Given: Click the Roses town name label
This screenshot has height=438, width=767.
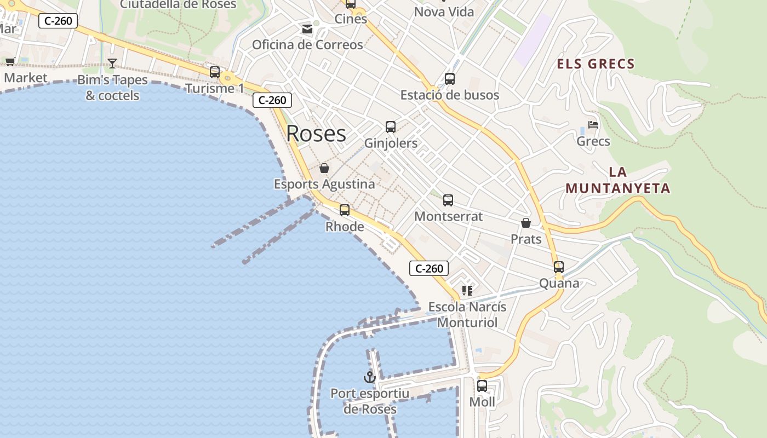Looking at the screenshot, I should (x=316, y=134).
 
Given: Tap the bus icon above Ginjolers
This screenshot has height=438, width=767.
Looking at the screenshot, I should (x=391, y=127).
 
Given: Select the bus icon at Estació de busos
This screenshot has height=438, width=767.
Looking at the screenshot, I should (x=450, y=78).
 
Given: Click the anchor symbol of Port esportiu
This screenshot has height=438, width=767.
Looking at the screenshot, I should (x=370, y=377).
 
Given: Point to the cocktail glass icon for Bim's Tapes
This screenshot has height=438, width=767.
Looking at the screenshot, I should (x=112, y=64).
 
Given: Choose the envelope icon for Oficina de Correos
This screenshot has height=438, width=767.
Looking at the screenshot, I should (x=307, y=28).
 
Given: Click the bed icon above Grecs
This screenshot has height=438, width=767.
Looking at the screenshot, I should (x=593, y=125).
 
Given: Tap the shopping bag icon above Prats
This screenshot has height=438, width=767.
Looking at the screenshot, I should (x=526, y=223).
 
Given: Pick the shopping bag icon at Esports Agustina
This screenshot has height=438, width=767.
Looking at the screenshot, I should (x=324, y=168).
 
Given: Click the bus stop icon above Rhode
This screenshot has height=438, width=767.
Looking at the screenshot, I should (x=345, y=210).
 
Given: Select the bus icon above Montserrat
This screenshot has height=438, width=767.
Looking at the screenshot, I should (x=448, y=200).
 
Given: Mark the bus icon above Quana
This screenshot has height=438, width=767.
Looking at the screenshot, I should (x=559, y=267).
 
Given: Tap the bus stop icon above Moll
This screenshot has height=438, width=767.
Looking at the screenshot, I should (x=482, y=385).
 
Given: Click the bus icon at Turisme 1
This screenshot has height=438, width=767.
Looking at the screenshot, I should (x=215, y=72).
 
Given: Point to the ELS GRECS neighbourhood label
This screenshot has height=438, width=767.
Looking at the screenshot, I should (x=596, y=64).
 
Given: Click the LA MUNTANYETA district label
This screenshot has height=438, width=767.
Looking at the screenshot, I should (x=618, y=180).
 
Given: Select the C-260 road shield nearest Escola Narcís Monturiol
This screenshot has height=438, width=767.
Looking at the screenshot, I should (x=429, y=268).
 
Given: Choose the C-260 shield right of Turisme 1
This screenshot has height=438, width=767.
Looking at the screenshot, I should (x=272, y=100).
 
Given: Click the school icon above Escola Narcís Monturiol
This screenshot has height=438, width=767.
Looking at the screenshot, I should (x=467, y=290).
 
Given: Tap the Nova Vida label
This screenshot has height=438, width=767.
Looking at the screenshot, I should (x=444, y=12).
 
